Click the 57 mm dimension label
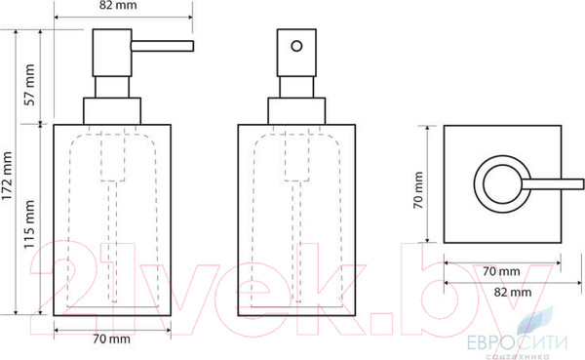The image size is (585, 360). (x=29, y=85)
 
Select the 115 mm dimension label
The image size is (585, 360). (x=29, y=224)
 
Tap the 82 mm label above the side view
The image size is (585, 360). (x=113, y=5)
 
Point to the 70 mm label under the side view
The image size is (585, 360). (x=111, y=340)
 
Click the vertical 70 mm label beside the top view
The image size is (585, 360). (x=418, y=190)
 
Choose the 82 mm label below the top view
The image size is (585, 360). (x=513, y=292)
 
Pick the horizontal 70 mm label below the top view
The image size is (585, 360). (x=501, y=271)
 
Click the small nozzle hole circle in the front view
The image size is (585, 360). (x=296, y=46)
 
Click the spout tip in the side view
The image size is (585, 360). (x=192, y=46)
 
